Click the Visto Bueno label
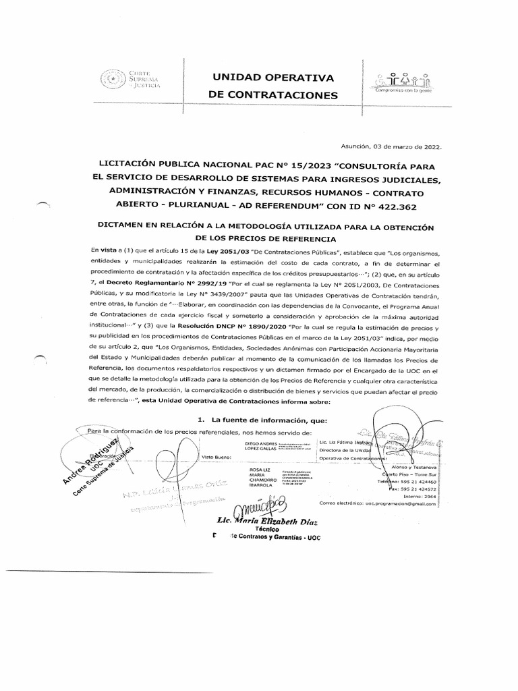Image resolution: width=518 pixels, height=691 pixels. [x=217, y=457]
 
